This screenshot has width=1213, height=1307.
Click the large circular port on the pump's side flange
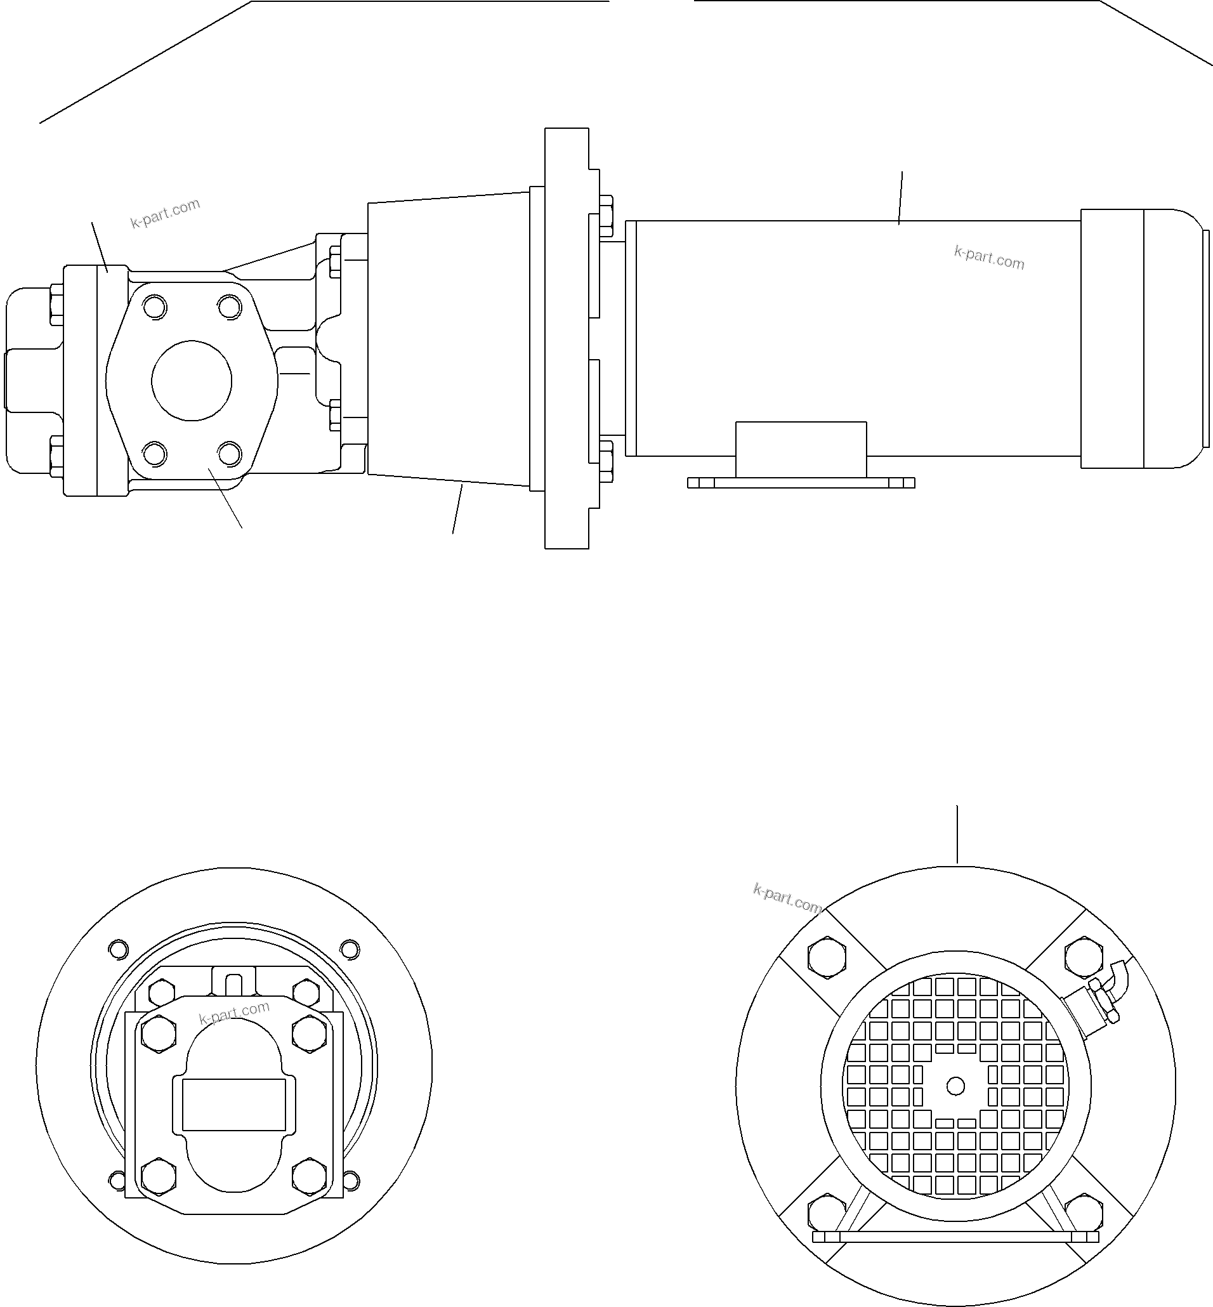click(x=191, y=381)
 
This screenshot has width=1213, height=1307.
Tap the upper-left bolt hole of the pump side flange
click(x=155, y=307)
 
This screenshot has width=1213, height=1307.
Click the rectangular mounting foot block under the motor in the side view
click(x=801, y=449)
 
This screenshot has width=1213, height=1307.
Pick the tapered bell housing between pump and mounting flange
click(x=448, y=339)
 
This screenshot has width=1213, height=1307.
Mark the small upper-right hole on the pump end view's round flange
click(x=349, y=949)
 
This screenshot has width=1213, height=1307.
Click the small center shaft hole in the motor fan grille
click(x=955, y=1086)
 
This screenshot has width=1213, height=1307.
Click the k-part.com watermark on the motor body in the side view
click(x=988, y=258)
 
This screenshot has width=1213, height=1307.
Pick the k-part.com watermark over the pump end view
click(x=234, y=1013)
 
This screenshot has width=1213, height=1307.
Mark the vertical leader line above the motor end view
click(x=957, y=834)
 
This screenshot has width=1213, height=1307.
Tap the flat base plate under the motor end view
click(x=955, y=1237)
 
